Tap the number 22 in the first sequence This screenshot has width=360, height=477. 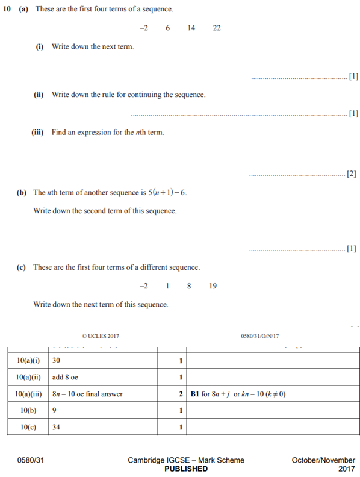pos(217,28)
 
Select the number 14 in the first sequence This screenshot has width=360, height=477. pos(191,28)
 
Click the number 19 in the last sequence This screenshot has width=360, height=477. pos(213,286)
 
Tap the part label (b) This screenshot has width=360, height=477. pos(22,193)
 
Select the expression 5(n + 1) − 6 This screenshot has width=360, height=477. pos(171,193)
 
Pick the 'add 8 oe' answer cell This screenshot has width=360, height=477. pos(66,377)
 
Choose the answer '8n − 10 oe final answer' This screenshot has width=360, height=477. pos(87,394)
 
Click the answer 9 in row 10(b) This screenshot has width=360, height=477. pos(54,410)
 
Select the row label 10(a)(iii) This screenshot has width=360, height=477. pos(28,394)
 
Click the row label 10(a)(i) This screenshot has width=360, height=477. pos(28,360)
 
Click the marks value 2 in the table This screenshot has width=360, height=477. pos(181,394)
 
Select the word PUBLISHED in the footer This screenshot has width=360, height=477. pos(186,469)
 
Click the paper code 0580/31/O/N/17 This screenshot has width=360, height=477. pos(261,335)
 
